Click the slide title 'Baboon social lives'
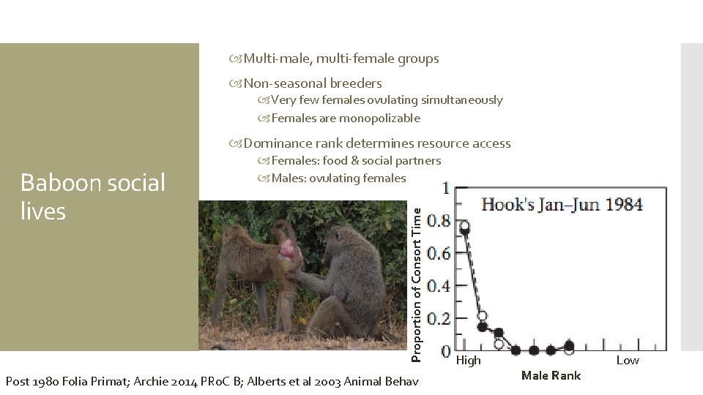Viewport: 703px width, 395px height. click(x=93, y=197)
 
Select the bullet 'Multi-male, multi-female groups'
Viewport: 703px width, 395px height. click(x=341, y=59)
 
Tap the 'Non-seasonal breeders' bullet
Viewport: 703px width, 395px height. click(x=313, y=83)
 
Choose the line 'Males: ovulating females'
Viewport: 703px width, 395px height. click(x=338, y=178)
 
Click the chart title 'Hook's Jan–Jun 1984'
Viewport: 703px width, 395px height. click(x=562, y=204)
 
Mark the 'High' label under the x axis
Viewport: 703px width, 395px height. click(x=469, y=360)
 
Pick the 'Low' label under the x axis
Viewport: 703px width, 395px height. click(x=628, y=360)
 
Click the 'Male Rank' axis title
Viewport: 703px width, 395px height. click(x=551, y=375)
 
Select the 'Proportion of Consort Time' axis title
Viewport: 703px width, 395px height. click(x=416, y=284)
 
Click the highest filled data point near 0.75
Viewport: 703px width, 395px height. click(x=464, y=230)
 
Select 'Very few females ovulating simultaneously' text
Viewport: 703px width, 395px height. click(x=387, y=100)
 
